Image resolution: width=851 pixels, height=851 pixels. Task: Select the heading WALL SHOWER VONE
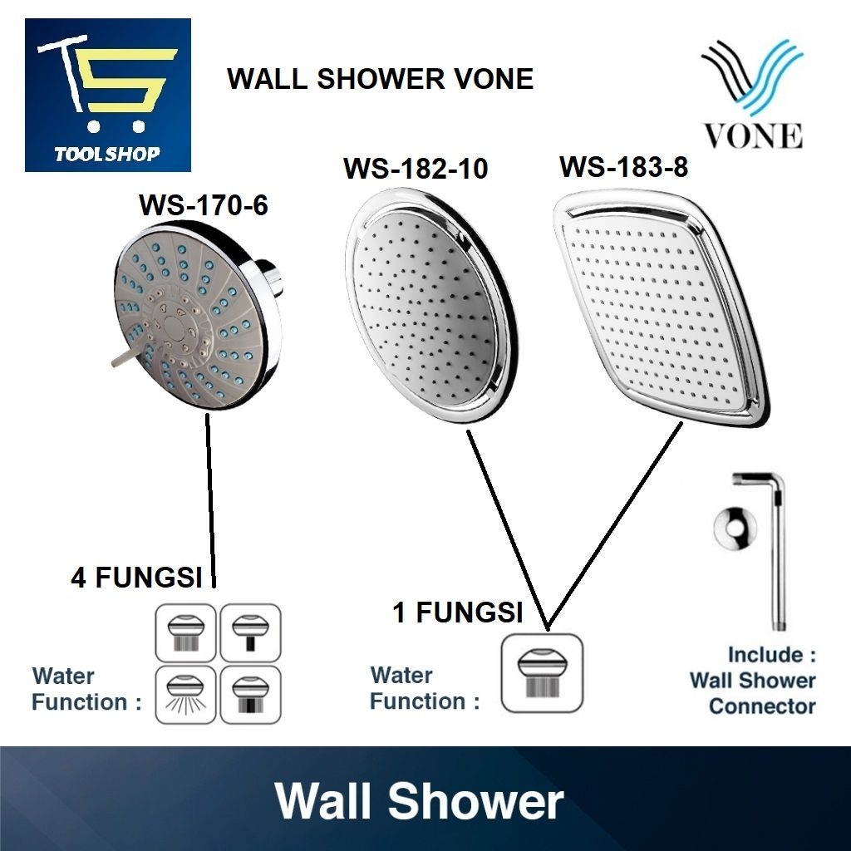(x=380, y=80)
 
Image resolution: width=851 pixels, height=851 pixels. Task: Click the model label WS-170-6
(x=204, y=204)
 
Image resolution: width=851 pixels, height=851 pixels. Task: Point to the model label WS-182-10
(x=416, y=169)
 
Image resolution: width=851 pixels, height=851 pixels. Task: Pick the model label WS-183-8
(x=623, y=167)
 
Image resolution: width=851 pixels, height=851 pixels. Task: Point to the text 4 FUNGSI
(x=136, y=578)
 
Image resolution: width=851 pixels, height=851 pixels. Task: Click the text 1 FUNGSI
(x=457, y=613)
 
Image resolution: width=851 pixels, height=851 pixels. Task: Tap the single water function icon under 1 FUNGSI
(x=542, y=674)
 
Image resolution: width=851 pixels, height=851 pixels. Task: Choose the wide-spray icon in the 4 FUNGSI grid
(x=184, y=695)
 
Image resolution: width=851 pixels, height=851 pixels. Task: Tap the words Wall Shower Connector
(x=752, y=694)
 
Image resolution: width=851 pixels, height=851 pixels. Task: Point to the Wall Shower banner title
(x=420, y=803)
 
